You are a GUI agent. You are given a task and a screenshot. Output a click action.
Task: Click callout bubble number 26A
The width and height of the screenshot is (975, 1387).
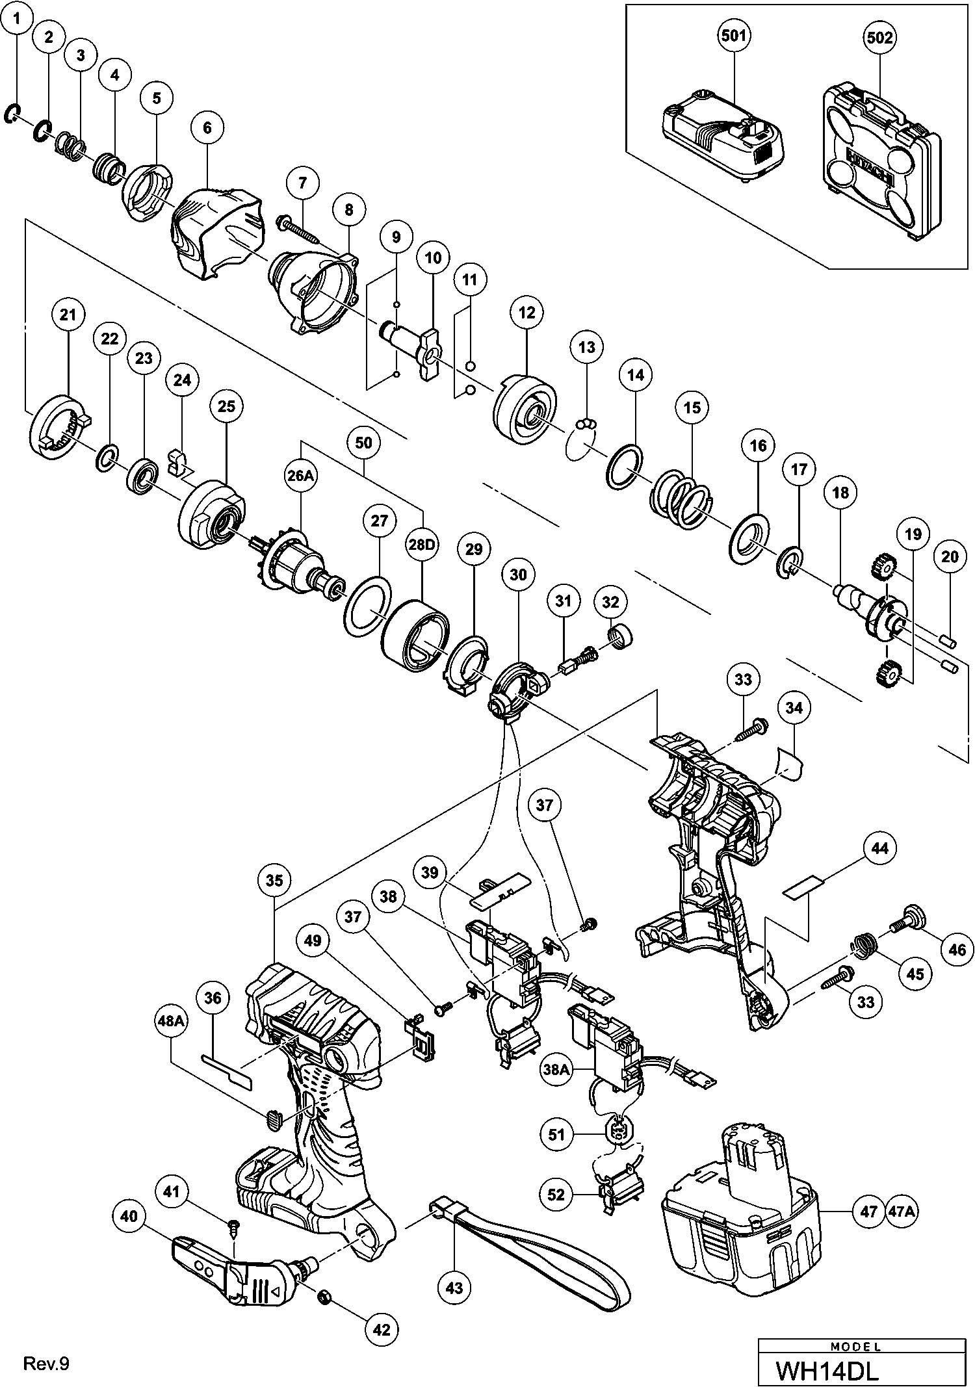tap(300, 476)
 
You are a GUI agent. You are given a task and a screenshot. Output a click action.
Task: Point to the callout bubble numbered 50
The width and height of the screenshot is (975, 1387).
tap(364, 443)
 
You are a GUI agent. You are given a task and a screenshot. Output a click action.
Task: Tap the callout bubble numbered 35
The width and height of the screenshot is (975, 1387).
tap(275, 880)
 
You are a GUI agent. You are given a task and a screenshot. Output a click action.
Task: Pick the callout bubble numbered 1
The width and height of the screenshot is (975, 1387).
tap(18, 18)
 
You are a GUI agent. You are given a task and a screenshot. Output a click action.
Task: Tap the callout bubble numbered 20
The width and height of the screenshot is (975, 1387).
tap(950, 556)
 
